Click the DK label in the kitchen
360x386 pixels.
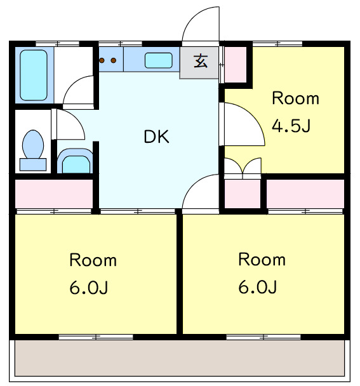156,136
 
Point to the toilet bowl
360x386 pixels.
32,145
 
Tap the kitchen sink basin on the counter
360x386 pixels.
158,60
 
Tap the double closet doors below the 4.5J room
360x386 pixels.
243,166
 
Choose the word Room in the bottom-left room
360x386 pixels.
93,260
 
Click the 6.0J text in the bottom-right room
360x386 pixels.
257,288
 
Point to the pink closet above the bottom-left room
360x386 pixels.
54,194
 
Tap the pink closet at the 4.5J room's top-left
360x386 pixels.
236,63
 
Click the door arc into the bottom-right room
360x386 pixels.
200,192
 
